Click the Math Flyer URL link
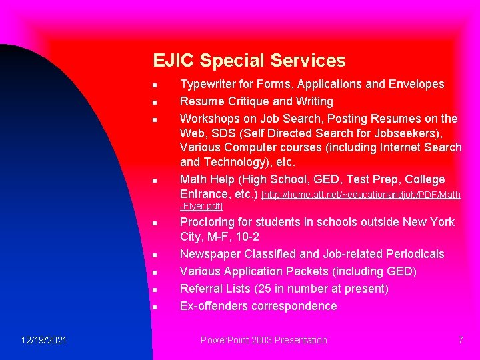pyautogui.click(x=361, y=195)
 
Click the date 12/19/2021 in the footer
pyautogui.click(x=43, y=340)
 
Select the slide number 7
pyautogui.click(x=460, y=340)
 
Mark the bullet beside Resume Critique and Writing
pyautogui.click(x=153, y=103)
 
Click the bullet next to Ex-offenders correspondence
pyautogui.click(x=153, y=307)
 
